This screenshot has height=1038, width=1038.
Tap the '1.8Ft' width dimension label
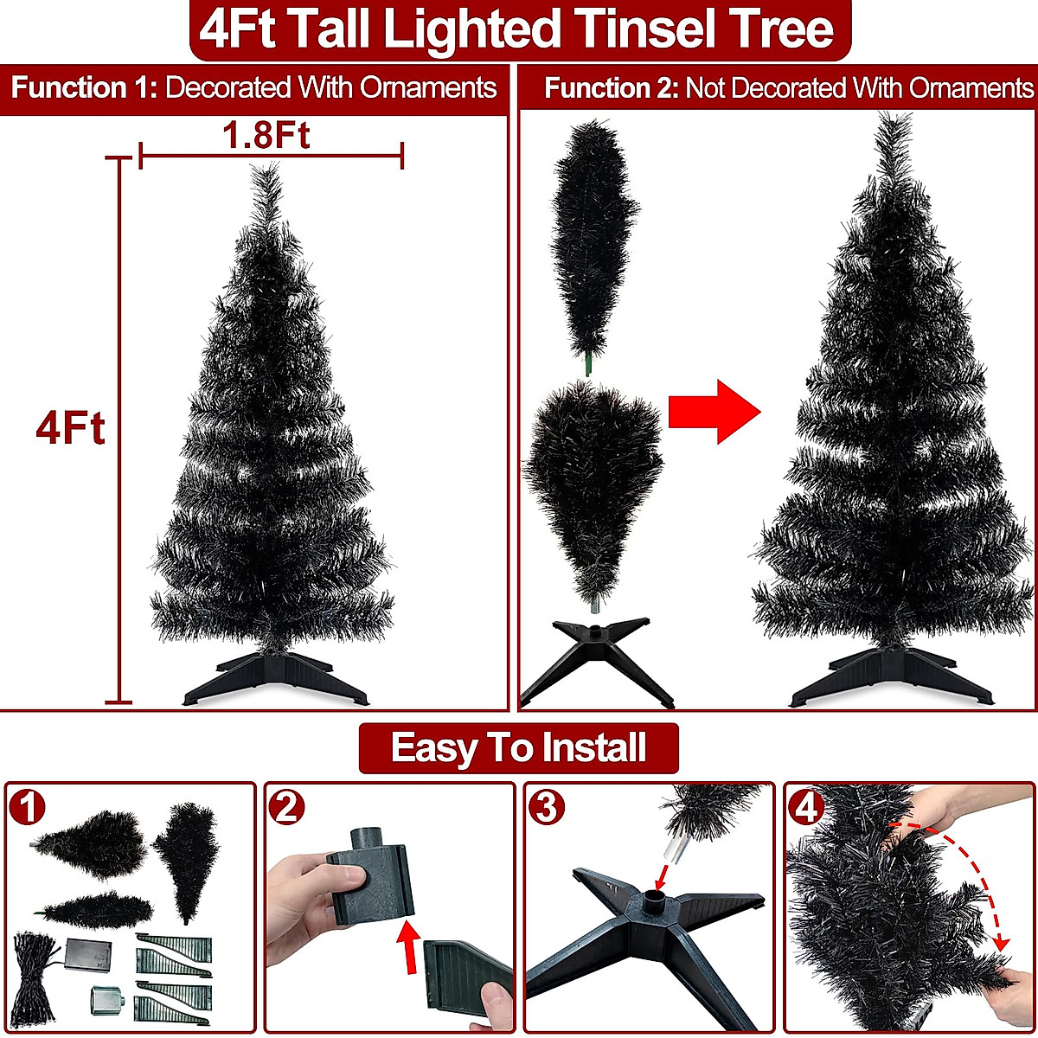(x=266, y=136)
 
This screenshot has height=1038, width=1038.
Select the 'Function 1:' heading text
(x=84, y=87)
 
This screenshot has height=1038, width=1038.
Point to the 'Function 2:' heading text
(x=611, y=88)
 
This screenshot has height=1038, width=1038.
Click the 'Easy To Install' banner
(x=518, y=747)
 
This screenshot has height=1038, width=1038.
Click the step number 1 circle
(x=29, y=809)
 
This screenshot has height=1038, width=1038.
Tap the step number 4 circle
(x=806, y=808)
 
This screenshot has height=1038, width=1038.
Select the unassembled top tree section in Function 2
(x=591, y=234)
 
